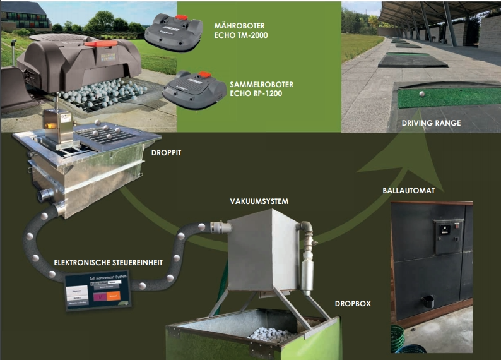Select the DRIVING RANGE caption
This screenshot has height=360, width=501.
(431, 123)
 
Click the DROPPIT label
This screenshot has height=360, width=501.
(167, 153)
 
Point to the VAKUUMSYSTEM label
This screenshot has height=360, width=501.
(259, 201)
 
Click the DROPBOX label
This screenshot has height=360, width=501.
(353, 304)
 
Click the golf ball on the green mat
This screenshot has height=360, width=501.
(420, 93)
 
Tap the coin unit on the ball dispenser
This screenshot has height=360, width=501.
(449, 234)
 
